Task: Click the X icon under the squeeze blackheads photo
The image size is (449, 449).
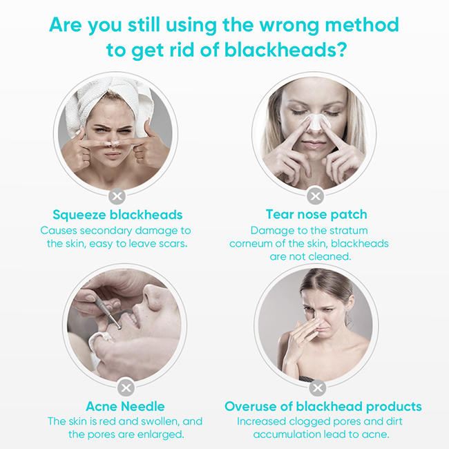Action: point(117,196)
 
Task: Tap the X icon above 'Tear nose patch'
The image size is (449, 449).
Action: point(315,196)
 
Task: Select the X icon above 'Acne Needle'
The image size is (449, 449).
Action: point(126,388)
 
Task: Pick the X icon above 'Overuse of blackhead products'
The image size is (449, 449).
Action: point(318,388)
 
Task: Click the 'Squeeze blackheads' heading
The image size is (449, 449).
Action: point(117,215)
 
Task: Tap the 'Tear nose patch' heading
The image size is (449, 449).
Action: point(316,214)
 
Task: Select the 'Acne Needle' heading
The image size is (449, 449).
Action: point(126,406)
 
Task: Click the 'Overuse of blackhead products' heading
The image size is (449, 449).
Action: point(323,406)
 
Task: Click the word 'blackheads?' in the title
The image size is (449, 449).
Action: point(286,50)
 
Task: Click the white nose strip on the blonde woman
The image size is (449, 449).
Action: point(314,124)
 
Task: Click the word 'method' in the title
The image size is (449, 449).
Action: point(362,25)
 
